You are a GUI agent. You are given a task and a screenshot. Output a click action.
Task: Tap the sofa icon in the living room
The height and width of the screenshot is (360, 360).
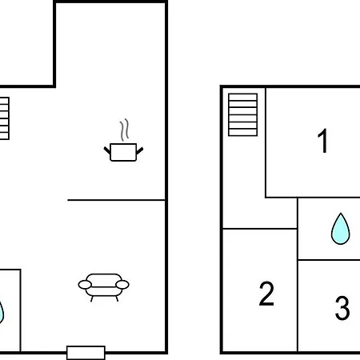[104, 287]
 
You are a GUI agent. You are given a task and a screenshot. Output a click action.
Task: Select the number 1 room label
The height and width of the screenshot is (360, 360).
[322, 141]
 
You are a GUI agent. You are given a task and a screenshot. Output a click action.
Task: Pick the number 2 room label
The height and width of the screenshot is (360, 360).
[266, 294]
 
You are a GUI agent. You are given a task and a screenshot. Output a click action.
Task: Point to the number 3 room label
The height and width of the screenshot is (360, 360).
[342, 308]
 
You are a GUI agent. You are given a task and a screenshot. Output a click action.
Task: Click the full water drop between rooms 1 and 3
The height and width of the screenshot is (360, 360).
[340, 229]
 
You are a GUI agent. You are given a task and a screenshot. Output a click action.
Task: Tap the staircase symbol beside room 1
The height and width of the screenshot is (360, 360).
[243, 114]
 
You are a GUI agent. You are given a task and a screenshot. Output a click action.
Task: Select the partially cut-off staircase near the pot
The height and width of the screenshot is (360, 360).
[5, 118]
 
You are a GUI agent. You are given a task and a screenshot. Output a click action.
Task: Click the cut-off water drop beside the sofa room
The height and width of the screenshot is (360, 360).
[2, 312]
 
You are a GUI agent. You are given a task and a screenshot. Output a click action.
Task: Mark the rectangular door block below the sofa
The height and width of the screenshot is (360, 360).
[86, 353]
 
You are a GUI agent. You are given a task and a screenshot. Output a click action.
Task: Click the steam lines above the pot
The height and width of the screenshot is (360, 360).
[124, 130]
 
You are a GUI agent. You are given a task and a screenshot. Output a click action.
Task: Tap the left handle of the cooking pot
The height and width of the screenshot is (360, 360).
[107, 150]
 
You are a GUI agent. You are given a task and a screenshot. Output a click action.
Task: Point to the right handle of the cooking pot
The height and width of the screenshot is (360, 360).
[140, 150]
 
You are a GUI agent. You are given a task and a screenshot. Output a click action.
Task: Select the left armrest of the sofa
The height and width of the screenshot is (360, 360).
[85, 285]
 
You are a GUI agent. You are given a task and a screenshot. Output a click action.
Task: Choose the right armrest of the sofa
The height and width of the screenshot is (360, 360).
[122, 285]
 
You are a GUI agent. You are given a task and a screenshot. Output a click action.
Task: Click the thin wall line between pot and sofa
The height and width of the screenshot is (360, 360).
[116, 200]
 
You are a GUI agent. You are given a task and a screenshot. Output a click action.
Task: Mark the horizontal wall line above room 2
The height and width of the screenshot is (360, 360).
[260, 229]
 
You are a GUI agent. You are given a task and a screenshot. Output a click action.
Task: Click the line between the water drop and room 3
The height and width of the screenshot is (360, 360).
[329, 260]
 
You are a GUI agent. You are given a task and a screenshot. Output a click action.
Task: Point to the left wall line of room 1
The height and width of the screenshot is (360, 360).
[266, 142]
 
